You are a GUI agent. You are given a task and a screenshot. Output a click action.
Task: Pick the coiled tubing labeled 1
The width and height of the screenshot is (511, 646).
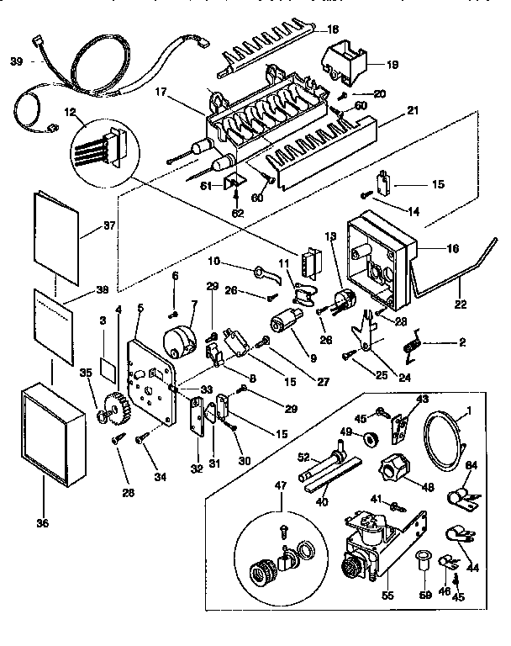click(445, 437)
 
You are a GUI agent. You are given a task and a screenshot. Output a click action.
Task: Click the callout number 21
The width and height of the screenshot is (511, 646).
click(388, 111)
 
